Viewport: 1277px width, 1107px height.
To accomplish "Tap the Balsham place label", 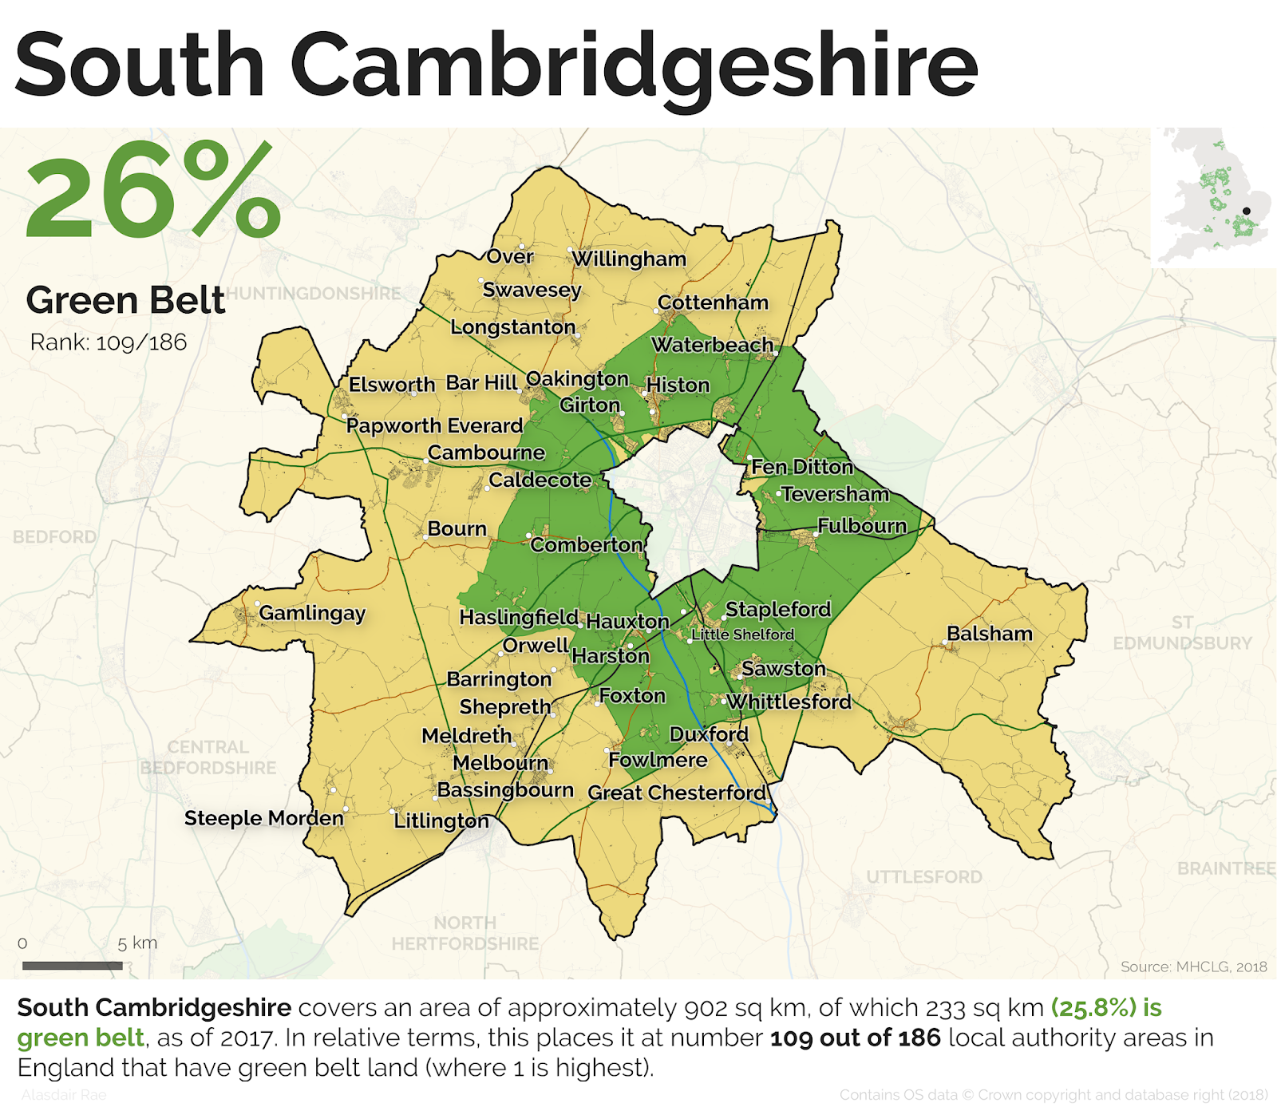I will point(989,634).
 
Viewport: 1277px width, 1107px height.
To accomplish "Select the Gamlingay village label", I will point(311,613).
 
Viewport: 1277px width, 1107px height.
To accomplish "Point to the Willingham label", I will point(629,259).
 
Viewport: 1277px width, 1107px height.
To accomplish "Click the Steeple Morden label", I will point(263,818).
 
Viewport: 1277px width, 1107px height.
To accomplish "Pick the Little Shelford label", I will point(742,635).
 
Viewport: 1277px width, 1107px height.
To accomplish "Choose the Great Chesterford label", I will point(677,793).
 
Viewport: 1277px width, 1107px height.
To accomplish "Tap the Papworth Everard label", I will point(434,425).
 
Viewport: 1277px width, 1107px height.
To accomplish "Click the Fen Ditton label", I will point(802,467).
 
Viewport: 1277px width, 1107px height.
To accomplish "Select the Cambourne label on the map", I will point(486,453).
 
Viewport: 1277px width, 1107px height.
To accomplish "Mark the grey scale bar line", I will point(72,966).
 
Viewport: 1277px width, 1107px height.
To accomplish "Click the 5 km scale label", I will point(137,943).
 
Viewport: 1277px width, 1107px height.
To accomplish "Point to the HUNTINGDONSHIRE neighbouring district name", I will point(313,294).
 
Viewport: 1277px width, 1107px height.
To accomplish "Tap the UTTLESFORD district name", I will point(924,877).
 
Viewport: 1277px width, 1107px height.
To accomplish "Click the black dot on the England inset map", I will point(1247,212).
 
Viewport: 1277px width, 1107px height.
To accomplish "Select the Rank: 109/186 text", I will point(108,342).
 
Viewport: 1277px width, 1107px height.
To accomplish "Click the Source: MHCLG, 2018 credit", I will point(1193,967).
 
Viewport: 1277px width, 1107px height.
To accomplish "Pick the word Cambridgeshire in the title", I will point(633,65).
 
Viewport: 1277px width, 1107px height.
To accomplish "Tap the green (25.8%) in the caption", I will point(1093,1008).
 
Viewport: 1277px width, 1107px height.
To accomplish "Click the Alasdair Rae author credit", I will point(64,1095).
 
